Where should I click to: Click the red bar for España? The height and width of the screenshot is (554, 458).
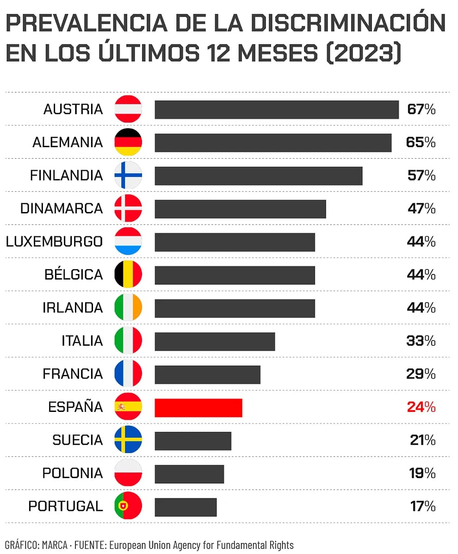(x=198, y=407)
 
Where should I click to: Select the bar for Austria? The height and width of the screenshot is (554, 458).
(x=277, y=110)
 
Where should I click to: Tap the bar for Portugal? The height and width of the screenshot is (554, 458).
(x=186, y=507)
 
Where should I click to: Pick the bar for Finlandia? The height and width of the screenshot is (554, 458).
(x=258, y=176)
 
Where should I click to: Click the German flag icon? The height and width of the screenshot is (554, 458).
(x=128, y=143)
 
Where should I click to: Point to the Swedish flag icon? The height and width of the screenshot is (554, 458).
(x=128, y=440)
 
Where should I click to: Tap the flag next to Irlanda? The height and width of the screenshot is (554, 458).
(x=128, y=308)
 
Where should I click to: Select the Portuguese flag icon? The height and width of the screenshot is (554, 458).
(x=128, y=506)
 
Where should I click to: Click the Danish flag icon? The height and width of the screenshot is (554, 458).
(x=128, y=209)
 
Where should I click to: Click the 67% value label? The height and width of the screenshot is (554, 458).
(x=421, y=110)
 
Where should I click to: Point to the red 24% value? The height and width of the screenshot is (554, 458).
(x=421, y=407)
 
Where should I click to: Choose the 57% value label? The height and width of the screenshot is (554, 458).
(x=421, y=176)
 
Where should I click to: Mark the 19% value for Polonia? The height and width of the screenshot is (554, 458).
(x=422, y=473)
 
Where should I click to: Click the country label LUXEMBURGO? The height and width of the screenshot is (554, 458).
(x=54, y=242)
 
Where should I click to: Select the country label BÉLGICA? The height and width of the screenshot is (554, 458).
(x=74, y=275)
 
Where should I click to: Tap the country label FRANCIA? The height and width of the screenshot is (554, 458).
(x=73, y=374)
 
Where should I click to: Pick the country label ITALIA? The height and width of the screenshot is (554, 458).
(x=82, y=341)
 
